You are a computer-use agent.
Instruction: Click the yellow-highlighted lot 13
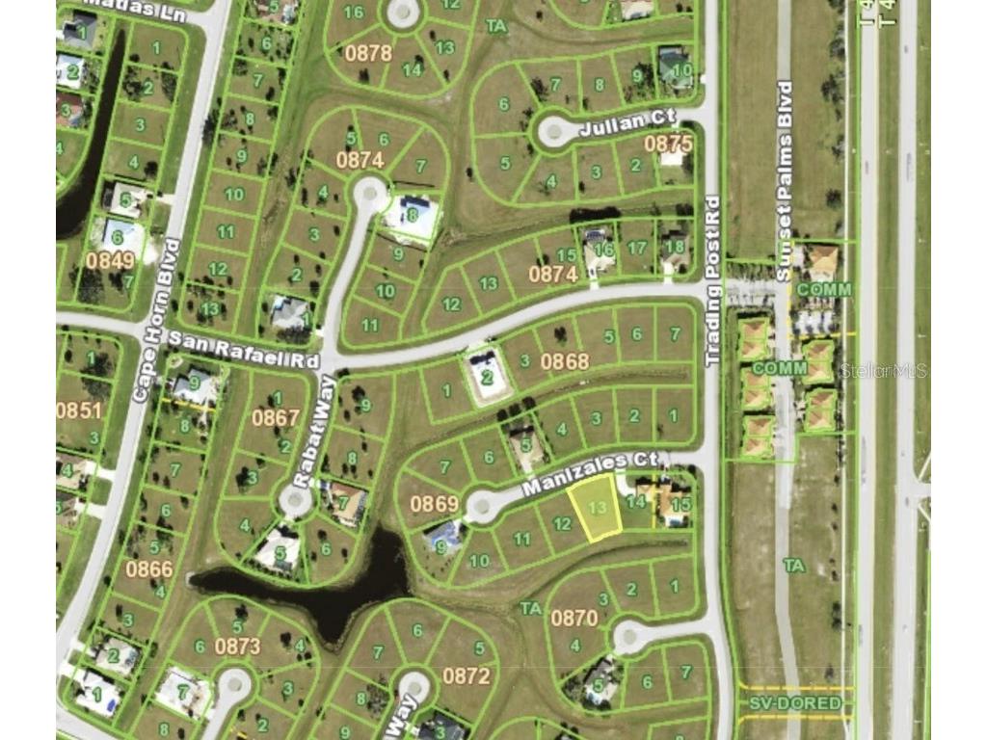[x=595, y=507]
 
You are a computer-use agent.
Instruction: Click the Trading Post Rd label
[x=713, y=280]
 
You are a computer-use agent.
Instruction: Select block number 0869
[x=434, y=503]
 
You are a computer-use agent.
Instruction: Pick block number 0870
[x=574, y=618]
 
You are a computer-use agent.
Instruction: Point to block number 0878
[x=368, y=53]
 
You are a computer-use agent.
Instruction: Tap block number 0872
[x=467, y=675]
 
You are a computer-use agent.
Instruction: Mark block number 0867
[x=276, y=417]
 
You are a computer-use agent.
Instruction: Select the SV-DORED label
[x=795, y=703]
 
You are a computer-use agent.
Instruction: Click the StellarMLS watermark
[x=884, y=370]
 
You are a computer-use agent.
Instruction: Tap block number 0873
[x=237, y=646]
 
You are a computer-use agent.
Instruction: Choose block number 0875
[x=668, y=144]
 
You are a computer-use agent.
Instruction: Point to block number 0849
[x=110, y=259]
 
